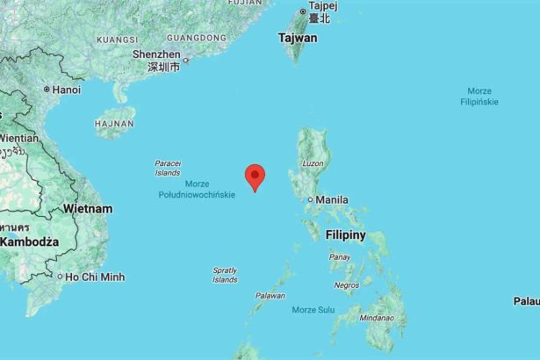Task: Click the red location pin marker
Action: [255, 175]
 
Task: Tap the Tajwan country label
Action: [298, 39]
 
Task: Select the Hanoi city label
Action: [66, 90]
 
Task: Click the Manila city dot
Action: [310, 200]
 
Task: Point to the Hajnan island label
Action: [113, 124]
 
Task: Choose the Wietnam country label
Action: [87, 209]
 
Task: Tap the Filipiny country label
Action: [345, 235]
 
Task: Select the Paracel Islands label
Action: [167, 168]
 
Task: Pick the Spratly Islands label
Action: [225, 275]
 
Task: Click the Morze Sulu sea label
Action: [313, 310]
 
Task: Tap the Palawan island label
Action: [270, 296]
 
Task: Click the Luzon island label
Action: [313, 164]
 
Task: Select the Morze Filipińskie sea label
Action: [479, 97]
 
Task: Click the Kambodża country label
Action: [29, 241]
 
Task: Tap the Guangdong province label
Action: [197, 38]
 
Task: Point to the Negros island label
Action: [347, 285]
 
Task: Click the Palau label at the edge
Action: [526, 301]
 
